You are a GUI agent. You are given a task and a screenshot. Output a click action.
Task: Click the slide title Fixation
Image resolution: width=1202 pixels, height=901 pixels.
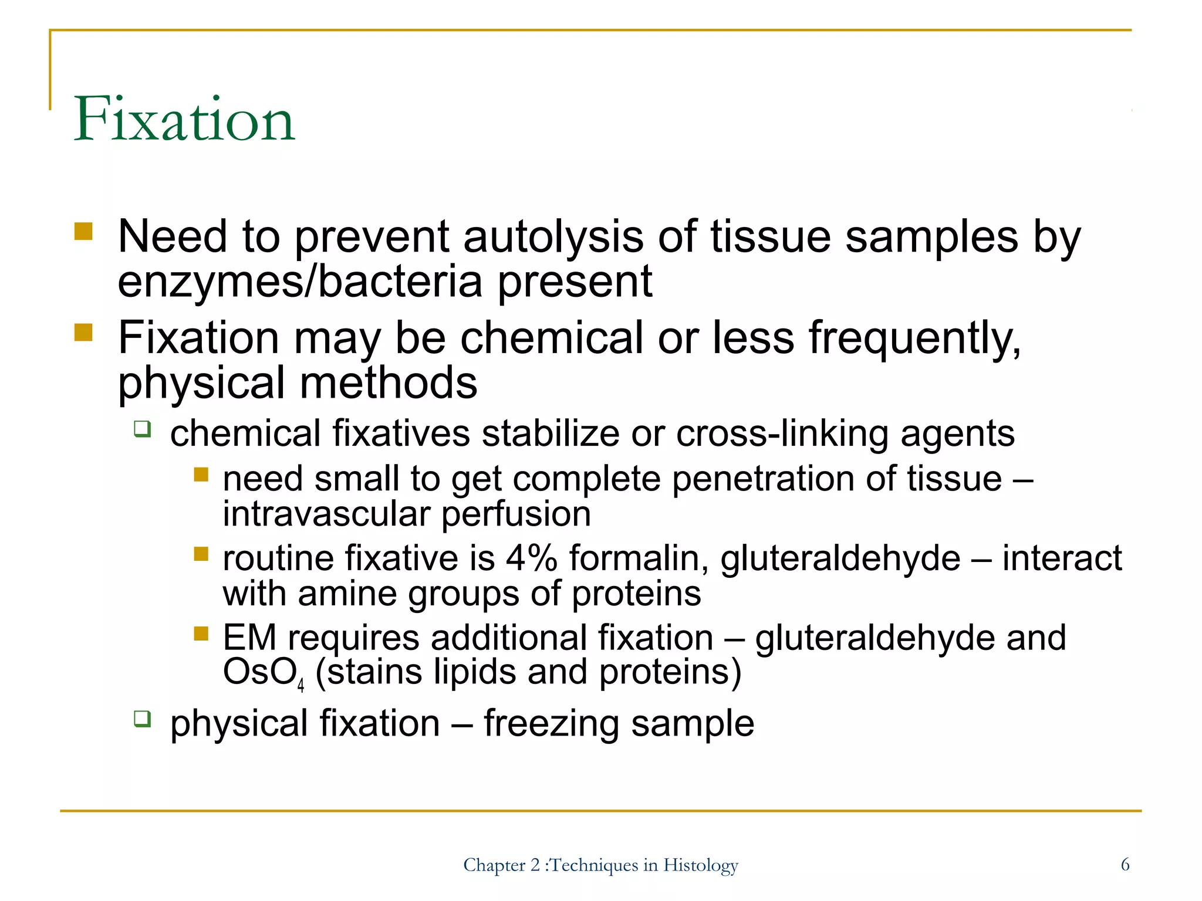tap(184, 120)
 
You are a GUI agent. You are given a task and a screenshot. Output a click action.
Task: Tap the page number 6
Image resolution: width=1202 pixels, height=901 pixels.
tap(1125, 864)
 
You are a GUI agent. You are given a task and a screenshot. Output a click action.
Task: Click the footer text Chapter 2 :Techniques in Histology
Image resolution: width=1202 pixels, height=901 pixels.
tap(600, 865)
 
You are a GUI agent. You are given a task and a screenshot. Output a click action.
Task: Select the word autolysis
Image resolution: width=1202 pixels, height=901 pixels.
tap(553, 237)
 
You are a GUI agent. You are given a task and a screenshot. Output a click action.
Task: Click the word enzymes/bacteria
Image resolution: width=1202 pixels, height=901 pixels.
tap(300, 282)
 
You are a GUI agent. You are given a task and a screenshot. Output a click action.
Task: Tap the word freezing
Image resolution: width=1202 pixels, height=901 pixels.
tap(551, 723)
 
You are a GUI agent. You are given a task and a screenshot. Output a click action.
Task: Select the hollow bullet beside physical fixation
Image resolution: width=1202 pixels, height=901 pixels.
tap(141, 718)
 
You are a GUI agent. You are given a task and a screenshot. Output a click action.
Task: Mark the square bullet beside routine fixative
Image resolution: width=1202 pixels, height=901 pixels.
tap(201, 554)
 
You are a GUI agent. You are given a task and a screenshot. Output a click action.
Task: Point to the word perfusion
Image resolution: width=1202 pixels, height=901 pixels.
tap(516, 514)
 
